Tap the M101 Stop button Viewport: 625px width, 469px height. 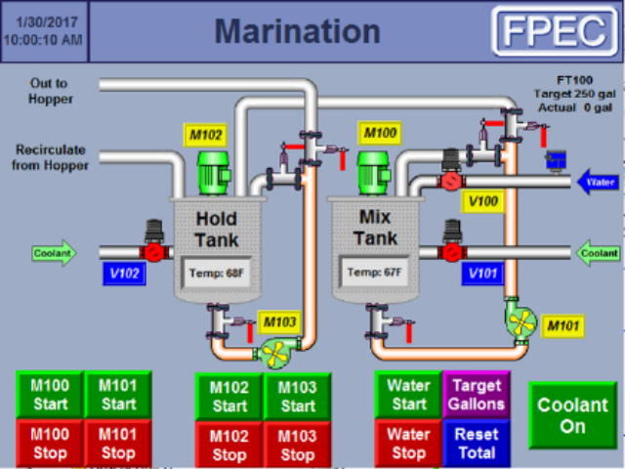point(118,443)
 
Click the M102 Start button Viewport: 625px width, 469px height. point(229,397)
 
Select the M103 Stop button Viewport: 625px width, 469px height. point(298,445)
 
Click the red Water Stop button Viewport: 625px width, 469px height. point(408,443)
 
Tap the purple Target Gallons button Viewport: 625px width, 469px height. point(477,395)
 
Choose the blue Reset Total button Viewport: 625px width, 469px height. point(477,443)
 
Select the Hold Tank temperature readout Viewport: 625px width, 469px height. point(215,273)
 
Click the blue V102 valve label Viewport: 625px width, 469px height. point(125,274)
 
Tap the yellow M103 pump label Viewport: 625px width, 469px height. point(279,321)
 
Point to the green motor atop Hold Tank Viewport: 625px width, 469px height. point(214,173)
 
